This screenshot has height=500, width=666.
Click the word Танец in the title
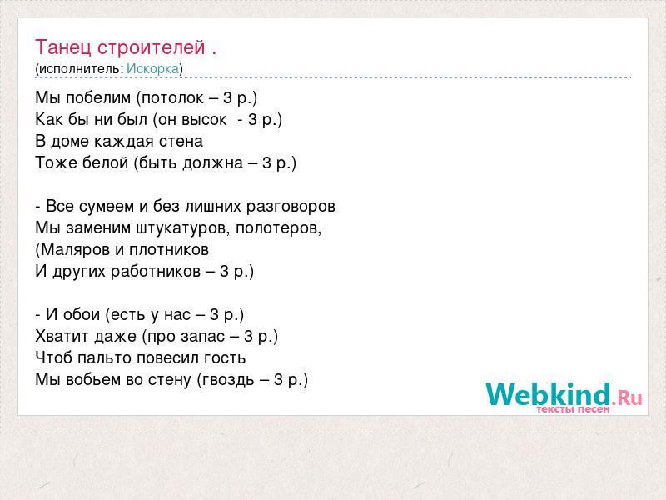63,47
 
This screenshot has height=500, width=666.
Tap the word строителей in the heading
152,47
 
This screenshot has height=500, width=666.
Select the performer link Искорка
152,69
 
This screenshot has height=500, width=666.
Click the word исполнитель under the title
81,69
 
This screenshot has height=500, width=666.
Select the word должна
213,163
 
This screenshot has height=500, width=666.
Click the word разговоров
291,207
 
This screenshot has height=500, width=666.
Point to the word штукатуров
183,228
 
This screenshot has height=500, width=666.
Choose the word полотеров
276,228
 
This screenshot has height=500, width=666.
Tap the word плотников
169,250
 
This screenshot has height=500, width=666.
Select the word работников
156,272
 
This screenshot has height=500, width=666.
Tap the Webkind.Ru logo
564,397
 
